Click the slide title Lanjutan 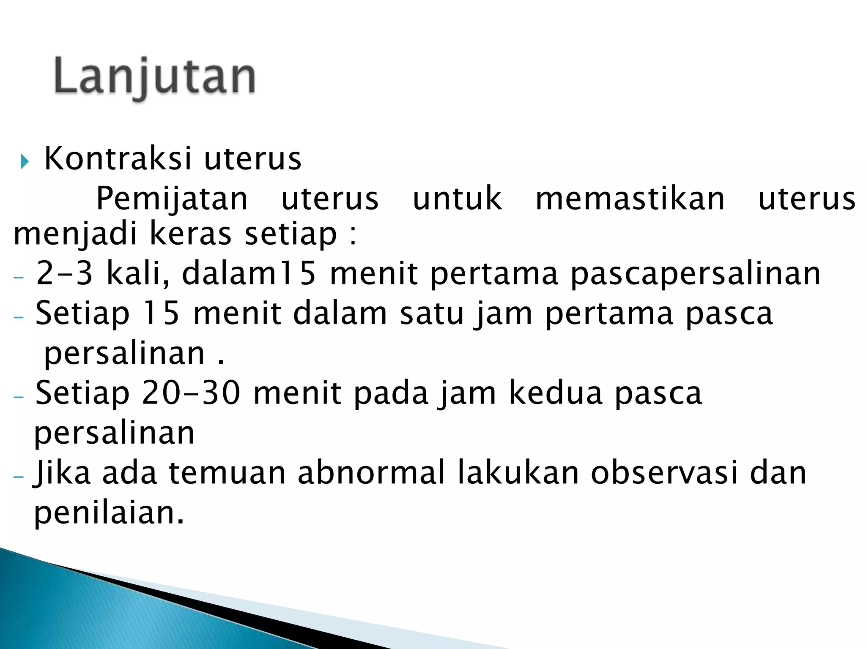155,77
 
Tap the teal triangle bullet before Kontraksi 24,161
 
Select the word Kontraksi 118,158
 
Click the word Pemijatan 172,199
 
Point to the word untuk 457,199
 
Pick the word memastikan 630,199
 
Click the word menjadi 75,235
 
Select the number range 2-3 64,273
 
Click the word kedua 556,393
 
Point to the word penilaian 109,513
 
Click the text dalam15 249,273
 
